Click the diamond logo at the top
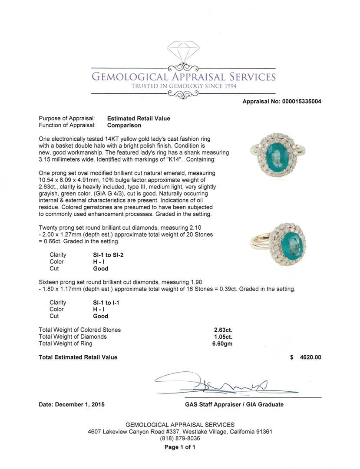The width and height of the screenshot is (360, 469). [183, 51]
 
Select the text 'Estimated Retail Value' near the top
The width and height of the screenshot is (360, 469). [139, 118]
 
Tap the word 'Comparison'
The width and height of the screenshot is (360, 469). [124, 125]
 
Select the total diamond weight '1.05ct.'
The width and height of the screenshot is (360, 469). [221, 337]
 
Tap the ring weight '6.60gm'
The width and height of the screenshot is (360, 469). [221, 343]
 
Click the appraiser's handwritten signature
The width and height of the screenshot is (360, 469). [217, 383]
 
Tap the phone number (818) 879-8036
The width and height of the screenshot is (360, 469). [180, 439]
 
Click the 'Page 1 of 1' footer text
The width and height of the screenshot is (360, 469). [180, 447]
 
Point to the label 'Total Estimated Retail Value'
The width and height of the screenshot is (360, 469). [78, 357]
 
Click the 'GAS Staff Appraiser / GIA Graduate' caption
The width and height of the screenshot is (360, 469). [234, 404]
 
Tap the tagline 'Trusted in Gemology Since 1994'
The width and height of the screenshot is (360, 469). [183, 86]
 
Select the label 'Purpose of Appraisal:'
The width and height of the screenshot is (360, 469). [67, 118]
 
